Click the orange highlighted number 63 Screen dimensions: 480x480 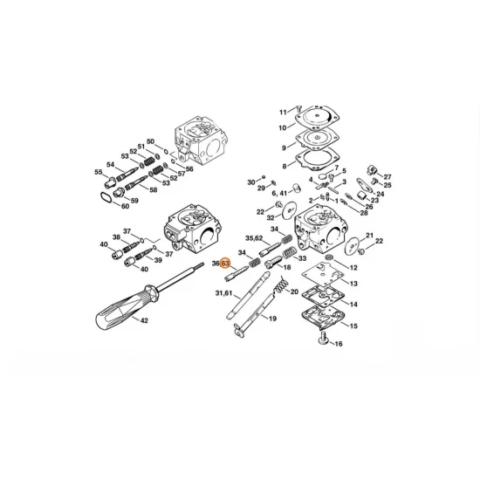tap(225, 263)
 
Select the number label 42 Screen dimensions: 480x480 tap(144, 320)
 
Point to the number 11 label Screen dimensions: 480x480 tap(283, 113)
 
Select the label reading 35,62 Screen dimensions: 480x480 tap(254, 237)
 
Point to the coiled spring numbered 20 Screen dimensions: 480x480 tap(279, 283)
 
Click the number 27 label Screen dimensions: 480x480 tap(387, 177)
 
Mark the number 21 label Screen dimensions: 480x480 tap(369, 236)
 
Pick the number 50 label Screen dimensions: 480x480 tap(150, 141)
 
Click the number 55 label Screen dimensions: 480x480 tap(99, 173)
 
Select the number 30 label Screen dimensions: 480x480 tap(250, 182)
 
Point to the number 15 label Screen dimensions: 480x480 tap(353, 326)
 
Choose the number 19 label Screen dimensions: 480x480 tap(272, 319)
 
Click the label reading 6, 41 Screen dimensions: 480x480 tap(279, 193)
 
